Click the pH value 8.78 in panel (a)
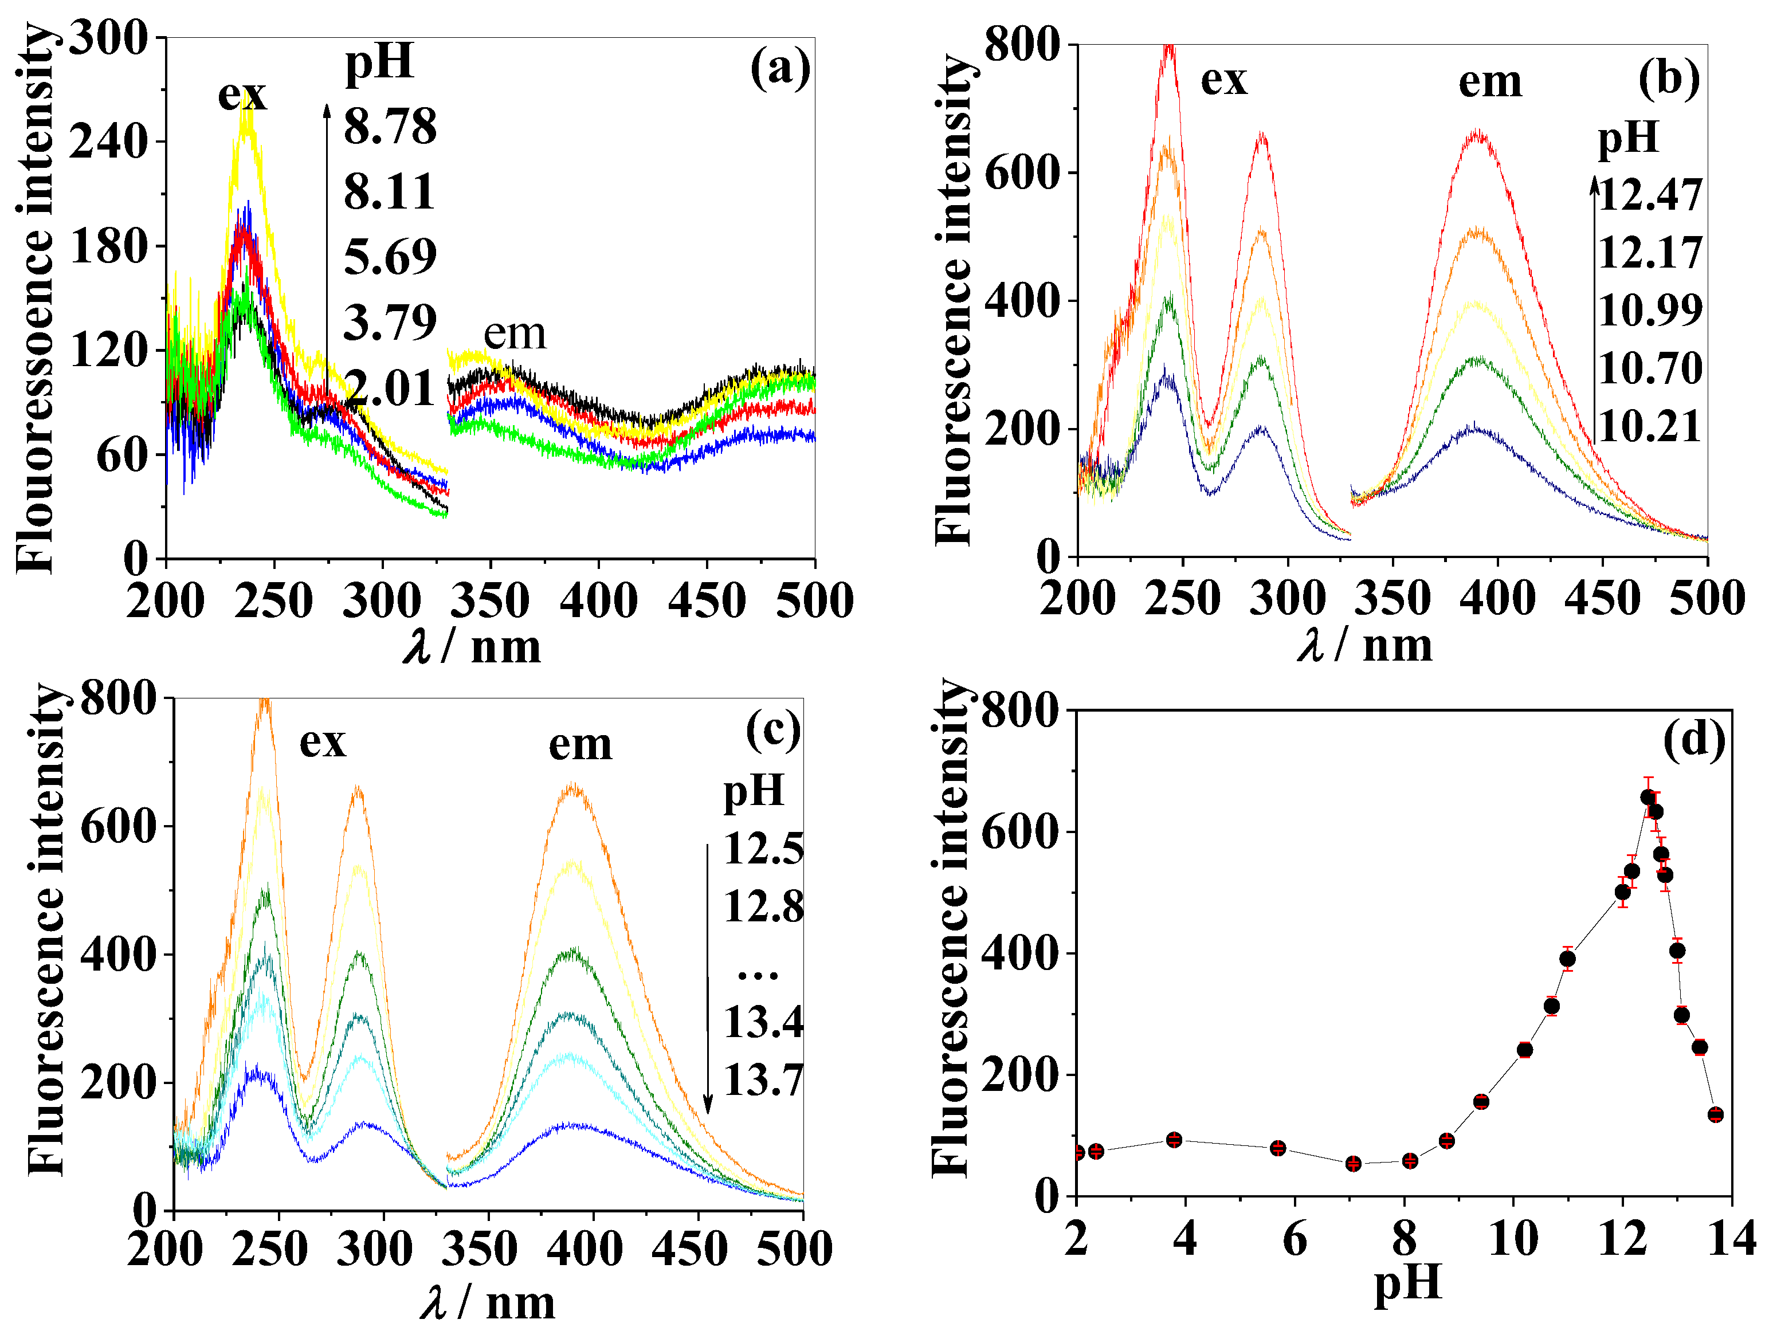[x=390, y=126]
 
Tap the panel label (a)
[x=780, y=69]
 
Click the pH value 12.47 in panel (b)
[x=1650, y=195]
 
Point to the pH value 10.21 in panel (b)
[x=1650, y=426]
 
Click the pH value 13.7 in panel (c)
[x=763, y=1080]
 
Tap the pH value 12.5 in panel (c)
[x=763, y=849]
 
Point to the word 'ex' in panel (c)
[x=322, y=743]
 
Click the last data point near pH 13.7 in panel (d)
[x=1715, y=1114]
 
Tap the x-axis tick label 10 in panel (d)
[x=1512, y=1240]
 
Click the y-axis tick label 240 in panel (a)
[x=109, y=142]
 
